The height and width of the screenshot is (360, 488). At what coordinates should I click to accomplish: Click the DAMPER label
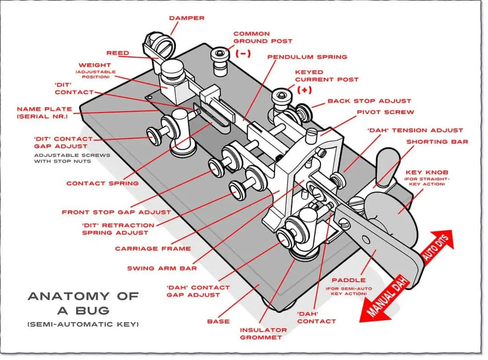coord(187,18)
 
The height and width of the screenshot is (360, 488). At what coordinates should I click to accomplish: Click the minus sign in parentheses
coord(243,53)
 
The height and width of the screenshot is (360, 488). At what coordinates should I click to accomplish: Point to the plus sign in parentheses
coord(305,90)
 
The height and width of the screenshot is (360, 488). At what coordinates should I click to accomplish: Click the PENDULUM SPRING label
coord(307,57)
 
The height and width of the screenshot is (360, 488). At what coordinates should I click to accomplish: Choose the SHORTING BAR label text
coord(437,142)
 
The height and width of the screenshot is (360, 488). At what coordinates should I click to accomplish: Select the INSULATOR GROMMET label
coord(263,333)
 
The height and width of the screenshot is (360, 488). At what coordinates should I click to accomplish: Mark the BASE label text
coord(218,322)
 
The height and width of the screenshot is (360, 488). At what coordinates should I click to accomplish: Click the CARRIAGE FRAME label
coord(153,248)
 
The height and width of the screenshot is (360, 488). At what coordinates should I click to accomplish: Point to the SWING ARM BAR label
coord(162,268)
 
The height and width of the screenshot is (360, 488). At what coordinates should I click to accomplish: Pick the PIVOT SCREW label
coord(385,112)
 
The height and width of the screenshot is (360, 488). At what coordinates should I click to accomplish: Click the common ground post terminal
coord(219,59)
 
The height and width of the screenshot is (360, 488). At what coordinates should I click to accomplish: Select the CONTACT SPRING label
coord(102,183)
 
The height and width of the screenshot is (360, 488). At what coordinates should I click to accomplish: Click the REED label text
coord(118,53)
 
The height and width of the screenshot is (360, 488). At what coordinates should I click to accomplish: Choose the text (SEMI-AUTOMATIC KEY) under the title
coord(83,324)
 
